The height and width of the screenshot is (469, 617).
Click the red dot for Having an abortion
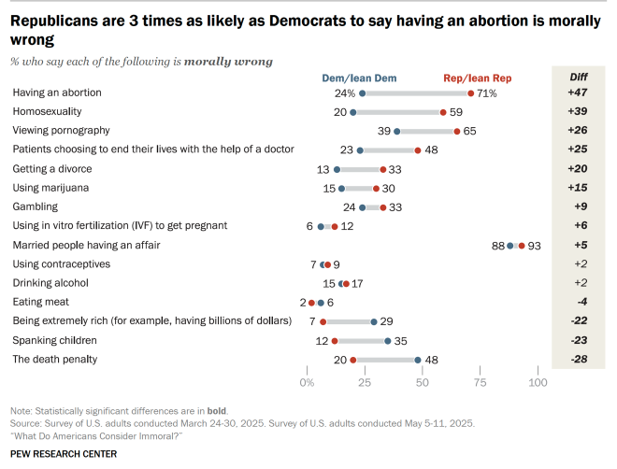coord(471,93)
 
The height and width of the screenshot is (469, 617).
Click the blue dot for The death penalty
coord(418,359)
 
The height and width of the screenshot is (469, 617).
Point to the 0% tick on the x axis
coord(307,383)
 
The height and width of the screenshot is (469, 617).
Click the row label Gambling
coord(35,206)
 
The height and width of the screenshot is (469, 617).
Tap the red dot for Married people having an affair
coord(522,245)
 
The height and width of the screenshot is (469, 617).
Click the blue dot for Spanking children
coord(388,340)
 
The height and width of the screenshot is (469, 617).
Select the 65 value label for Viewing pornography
coord(470,131)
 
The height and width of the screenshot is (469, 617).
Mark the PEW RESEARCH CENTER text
coord(64,454)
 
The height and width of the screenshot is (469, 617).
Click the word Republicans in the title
coord(58,20)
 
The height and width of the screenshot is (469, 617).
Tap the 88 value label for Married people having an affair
coord(497,245)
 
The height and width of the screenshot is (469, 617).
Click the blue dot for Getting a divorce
coord(337,169)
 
